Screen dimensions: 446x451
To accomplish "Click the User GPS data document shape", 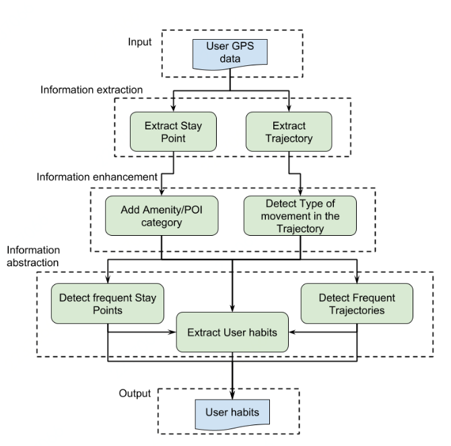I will click(231, 56).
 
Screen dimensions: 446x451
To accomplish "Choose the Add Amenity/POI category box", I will click(161, 216).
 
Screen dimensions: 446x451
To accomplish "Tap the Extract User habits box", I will click(233, 331).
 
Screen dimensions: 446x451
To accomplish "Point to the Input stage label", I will click(140, 43).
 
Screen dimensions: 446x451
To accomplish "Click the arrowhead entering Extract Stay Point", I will click(174, 108).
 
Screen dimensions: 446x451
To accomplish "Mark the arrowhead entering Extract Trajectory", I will click(289, 108).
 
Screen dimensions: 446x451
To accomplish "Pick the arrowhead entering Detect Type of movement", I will click(300, 192).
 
